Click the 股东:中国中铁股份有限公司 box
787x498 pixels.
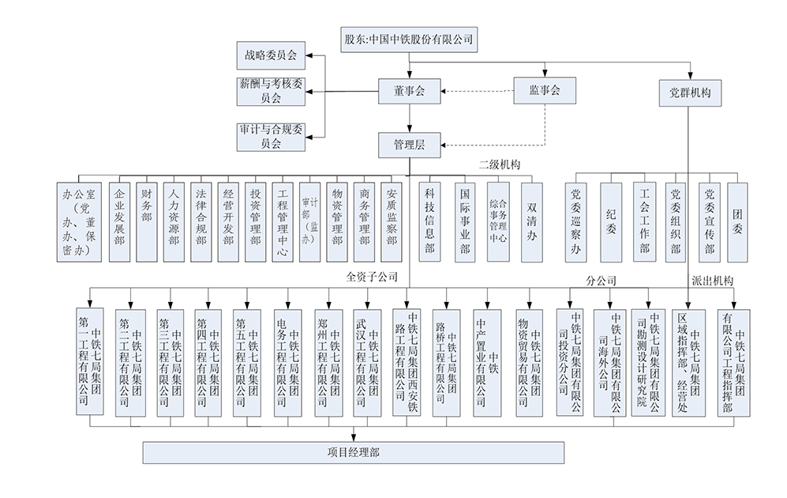click(409, 39)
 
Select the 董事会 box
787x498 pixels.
click(409, 92)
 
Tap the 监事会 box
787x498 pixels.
click(544, 91)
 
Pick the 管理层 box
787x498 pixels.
click(409, 144)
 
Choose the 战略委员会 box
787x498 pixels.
click(271, 55)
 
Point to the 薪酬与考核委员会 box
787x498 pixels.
click(271, 91)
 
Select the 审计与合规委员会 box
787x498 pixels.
click(271, 136)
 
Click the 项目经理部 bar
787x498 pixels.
click(353, 452)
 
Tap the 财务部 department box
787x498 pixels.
click(147, 221)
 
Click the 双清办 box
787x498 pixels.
click(533, 221)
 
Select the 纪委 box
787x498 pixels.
click(612, 221)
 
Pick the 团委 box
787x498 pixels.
click(736, 221)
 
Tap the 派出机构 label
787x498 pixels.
click(712, 280)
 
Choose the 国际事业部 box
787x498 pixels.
click(465, 221)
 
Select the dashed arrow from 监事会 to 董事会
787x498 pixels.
click(474, 92)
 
